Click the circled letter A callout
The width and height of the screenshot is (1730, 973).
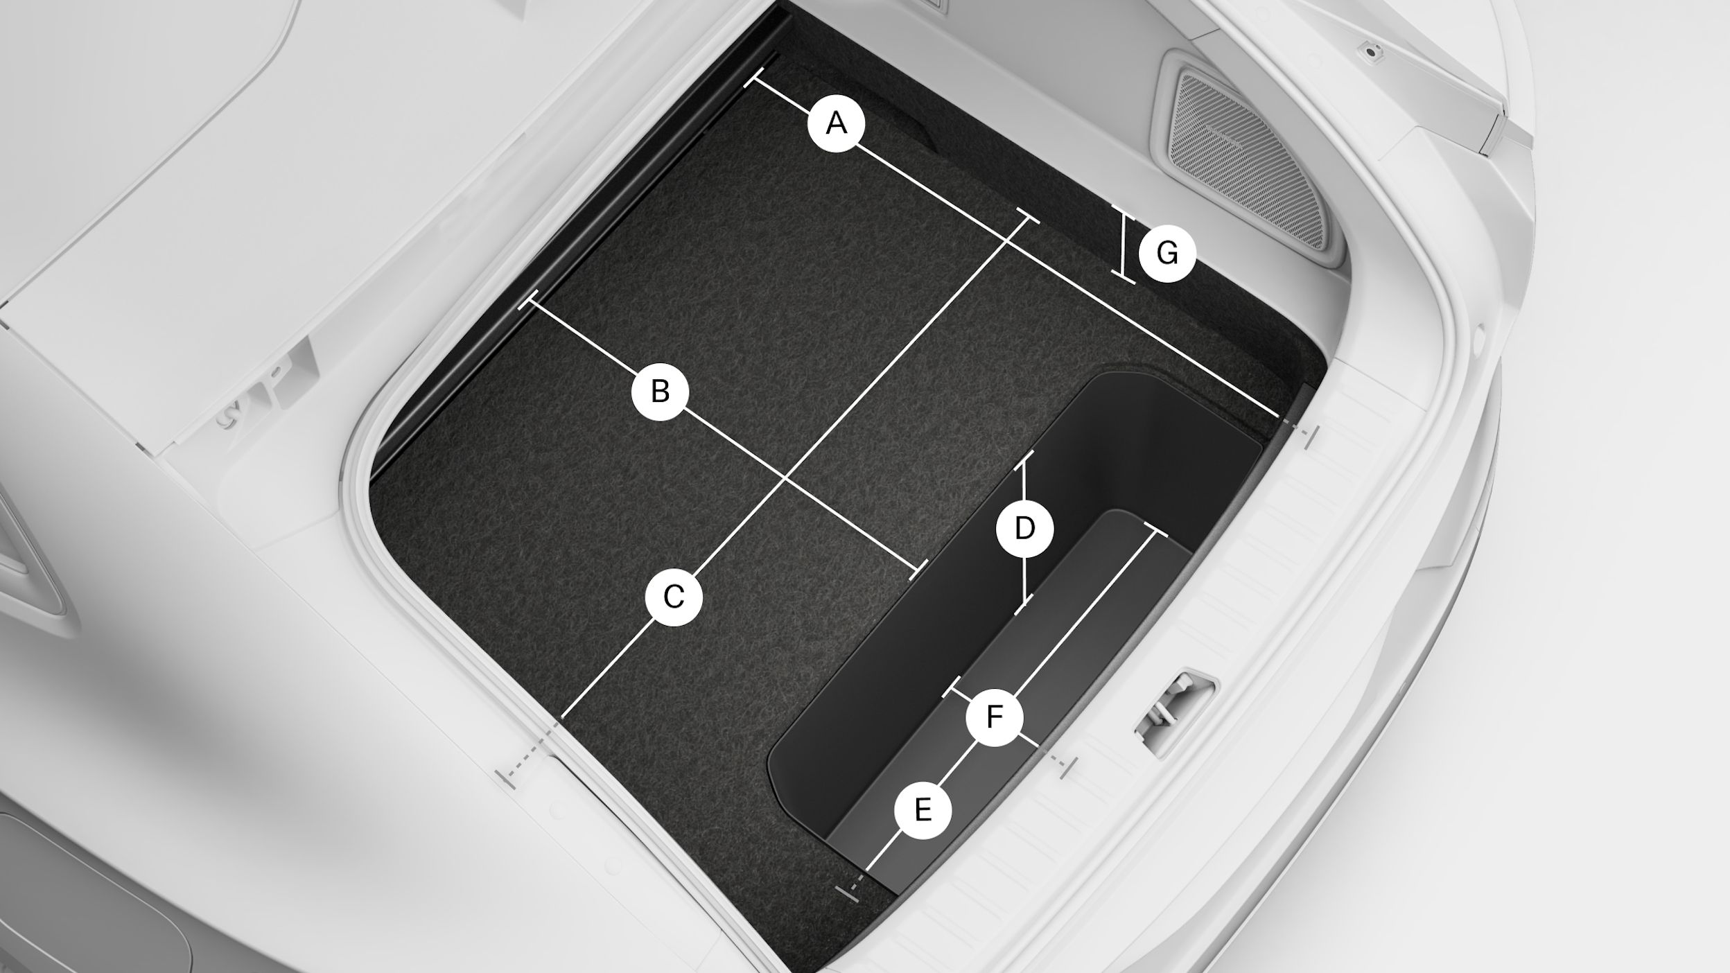837,123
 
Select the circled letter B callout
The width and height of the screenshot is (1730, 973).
661,392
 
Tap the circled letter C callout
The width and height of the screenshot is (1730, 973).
674,596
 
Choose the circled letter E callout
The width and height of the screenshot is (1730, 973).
923,809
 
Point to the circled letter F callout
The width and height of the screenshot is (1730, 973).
995,717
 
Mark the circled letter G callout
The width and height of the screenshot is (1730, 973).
1168,254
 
